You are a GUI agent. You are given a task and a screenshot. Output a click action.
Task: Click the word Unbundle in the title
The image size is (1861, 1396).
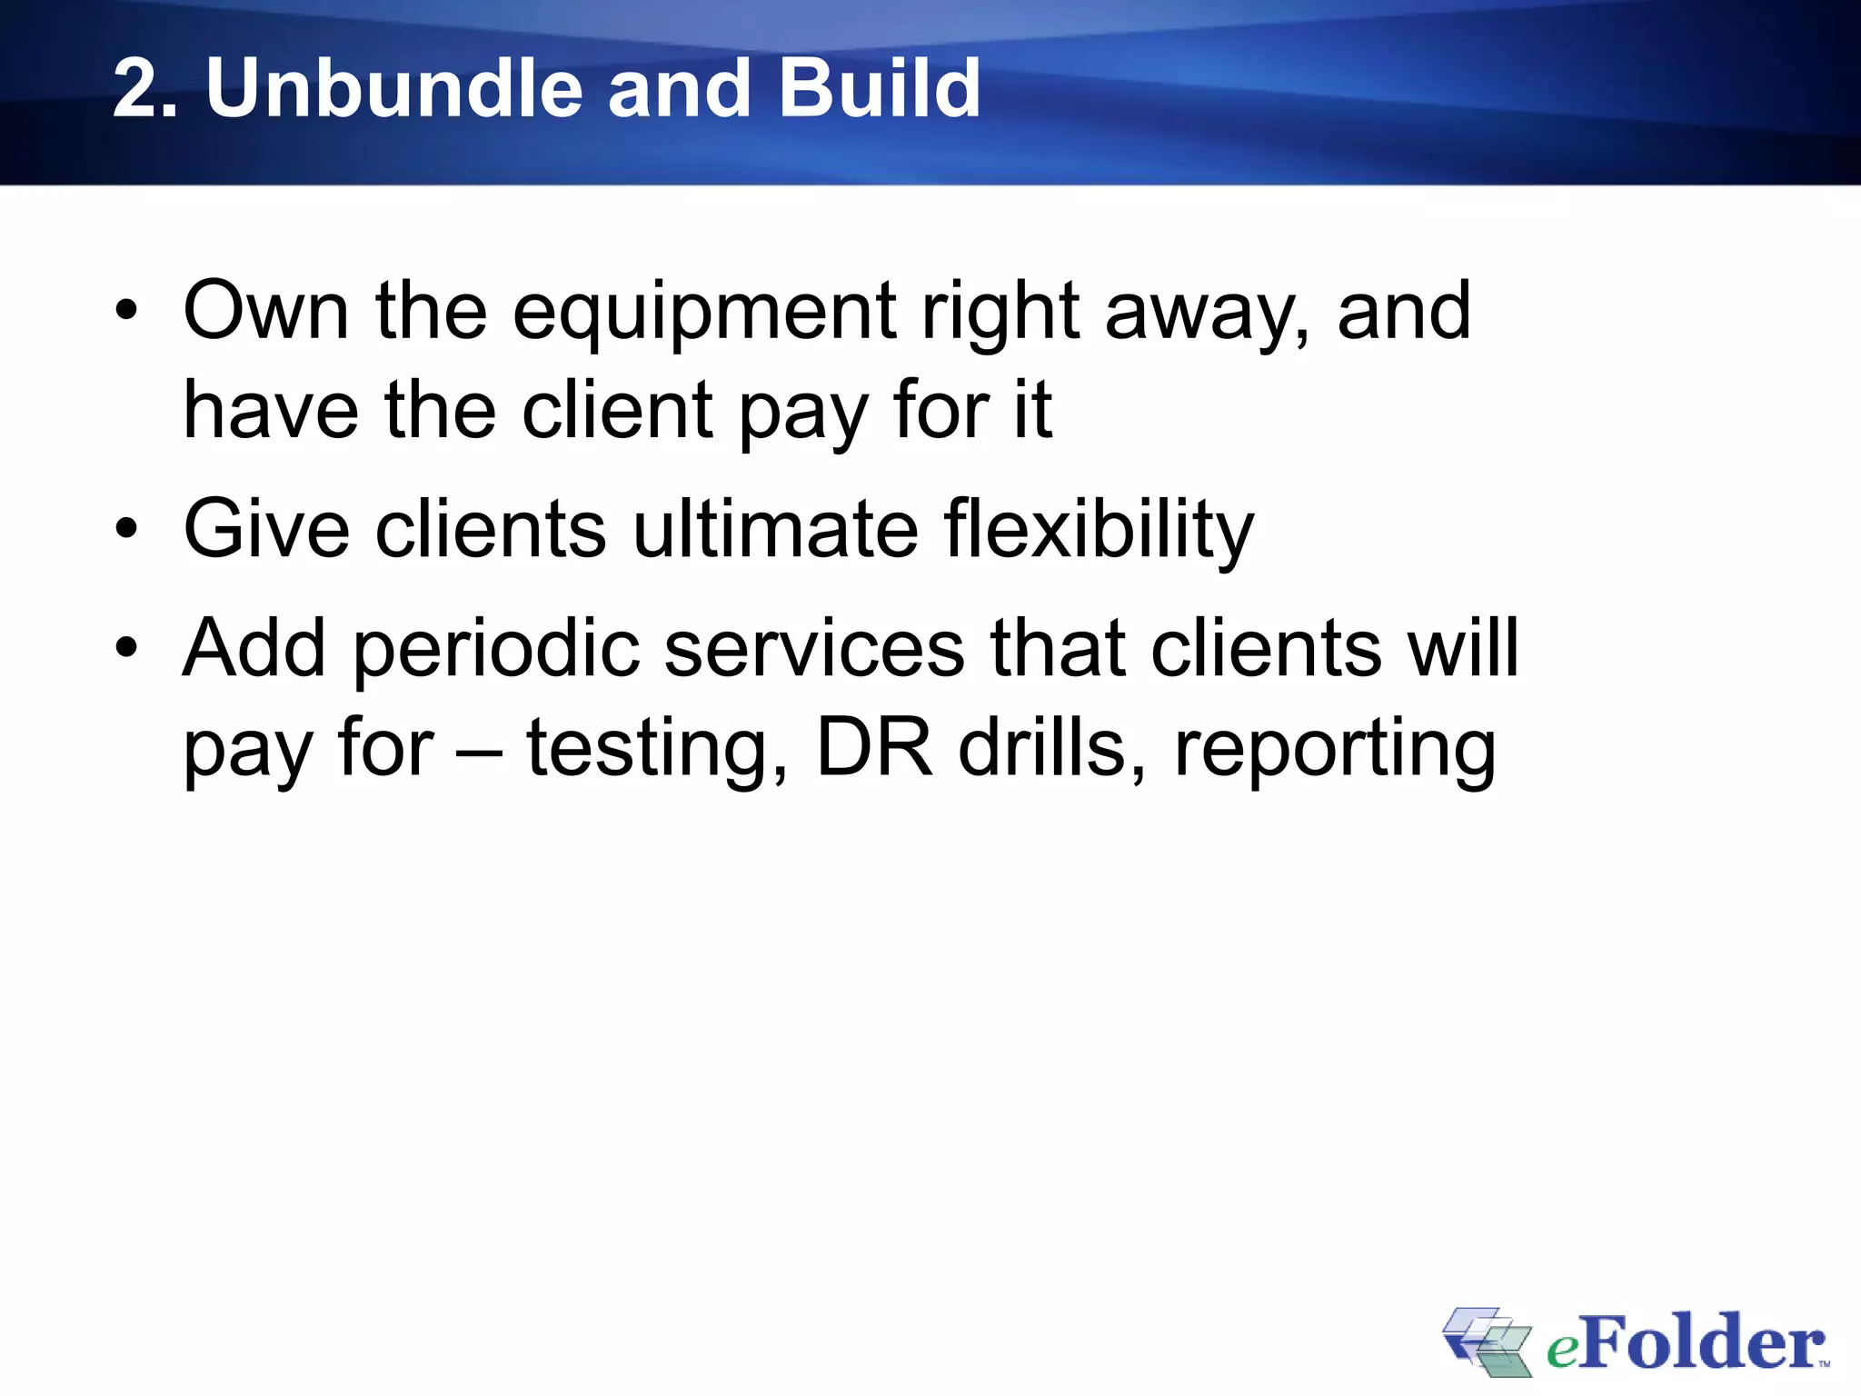pos(393,88)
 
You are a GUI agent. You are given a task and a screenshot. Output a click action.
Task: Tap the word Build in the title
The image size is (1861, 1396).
pos(879,88)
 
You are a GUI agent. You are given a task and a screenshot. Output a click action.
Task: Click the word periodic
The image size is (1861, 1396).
pos(495,651)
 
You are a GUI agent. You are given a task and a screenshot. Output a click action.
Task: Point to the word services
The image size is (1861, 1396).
pos(813,649)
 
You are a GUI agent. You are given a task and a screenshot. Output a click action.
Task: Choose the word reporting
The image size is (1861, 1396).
pos(1334,751)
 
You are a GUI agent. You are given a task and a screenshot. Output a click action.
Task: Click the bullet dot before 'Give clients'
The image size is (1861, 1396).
pos(126,530)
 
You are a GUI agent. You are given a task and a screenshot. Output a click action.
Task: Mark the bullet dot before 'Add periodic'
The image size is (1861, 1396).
pos(126,649)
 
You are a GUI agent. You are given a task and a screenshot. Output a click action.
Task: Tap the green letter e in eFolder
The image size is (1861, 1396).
pos(1562,1351)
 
